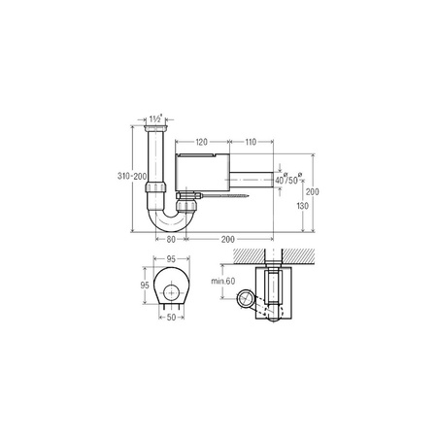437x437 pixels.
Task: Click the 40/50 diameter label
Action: pyautogui.click(x=287, y=180)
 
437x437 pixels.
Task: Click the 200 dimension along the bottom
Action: pyautogui.click(x=225, y=238)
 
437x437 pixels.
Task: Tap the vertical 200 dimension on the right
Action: pyautogui.click(x=313, y=191)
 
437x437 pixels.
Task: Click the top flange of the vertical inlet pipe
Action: pyautogui.click(x=154, y=125)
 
